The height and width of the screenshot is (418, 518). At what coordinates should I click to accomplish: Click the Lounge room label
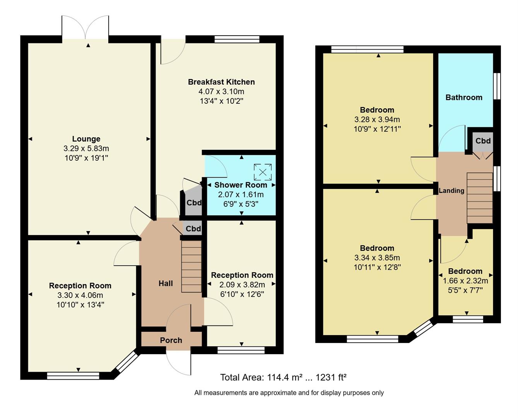pos(86,139)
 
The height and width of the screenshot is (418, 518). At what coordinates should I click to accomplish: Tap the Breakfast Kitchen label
pos(221,82)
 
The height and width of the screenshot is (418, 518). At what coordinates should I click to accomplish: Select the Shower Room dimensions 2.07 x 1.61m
pos(241,195)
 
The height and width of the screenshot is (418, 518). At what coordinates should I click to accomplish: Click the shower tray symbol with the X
pos(263,172)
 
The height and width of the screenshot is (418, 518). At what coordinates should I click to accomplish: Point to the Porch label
pos(171,340)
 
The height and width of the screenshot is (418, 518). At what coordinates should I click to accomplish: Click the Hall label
pos(166,283)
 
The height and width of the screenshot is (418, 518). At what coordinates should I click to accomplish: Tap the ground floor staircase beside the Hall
pos(191,266)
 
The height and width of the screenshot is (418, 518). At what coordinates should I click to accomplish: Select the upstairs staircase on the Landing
pos(480,198)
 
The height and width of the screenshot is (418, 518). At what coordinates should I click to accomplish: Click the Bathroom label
pos(464,98)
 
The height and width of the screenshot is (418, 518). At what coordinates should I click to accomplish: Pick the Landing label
pos(451,190)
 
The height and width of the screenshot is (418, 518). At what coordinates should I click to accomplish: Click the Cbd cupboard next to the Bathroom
pos(483,141)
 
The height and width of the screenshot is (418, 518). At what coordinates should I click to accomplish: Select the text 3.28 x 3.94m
pos(377,120)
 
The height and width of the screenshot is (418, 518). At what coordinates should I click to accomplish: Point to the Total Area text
pos(283,377)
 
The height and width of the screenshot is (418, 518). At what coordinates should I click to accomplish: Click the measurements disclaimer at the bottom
pos(289,393)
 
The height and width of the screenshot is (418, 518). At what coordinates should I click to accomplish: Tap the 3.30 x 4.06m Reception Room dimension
pos(80,295)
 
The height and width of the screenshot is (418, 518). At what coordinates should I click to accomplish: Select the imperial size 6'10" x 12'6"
pos(242,294)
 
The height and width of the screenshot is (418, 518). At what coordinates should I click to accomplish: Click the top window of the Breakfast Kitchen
pos(237,39)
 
